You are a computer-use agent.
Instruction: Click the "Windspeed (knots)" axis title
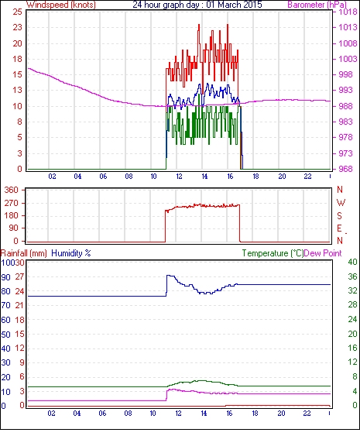(61, 5)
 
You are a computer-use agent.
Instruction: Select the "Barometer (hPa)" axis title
(317, 5)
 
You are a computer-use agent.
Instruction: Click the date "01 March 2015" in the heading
(234, 5)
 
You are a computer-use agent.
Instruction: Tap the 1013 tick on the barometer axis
(348, 27)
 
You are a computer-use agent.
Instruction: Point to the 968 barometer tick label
(345, 169)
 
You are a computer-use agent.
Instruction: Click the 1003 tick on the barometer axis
(348, 59)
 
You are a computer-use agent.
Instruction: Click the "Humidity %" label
(71, 253)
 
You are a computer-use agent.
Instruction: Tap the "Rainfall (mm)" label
(24, 253)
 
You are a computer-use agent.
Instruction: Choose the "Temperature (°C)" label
(273, 253)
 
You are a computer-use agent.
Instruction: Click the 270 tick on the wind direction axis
(11, 203)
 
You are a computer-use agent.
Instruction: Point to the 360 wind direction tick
(11, 191)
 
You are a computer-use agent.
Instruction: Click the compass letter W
(341, 203)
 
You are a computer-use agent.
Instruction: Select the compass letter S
(339, 215)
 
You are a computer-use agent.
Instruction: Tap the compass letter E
(339, 228)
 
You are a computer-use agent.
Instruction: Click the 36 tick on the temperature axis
(352, 276)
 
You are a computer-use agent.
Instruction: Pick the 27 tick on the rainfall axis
(19, 277)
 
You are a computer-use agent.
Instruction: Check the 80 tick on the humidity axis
(6, 291)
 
